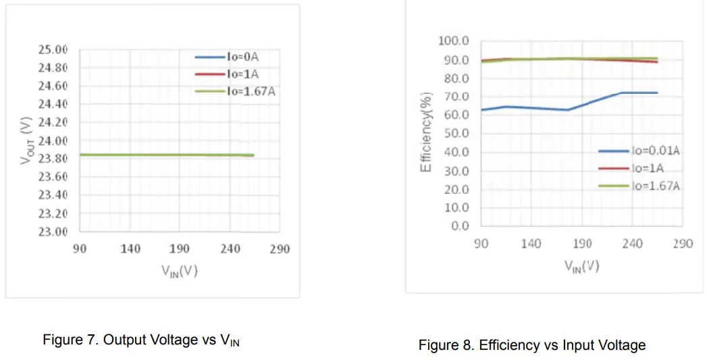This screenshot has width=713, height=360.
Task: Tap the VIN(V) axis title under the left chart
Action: click(x=179, y=272)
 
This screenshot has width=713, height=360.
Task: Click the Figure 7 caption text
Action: click(x=140, y=340)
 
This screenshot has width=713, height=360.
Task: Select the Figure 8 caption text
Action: click(x=532, y=345)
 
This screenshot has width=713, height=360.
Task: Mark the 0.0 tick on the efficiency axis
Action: click(x=460, y=226)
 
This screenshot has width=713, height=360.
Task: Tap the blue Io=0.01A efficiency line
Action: click(x=527, y=108)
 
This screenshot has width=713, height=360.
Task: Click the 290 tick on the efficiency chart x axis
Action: click(x=683, y=243)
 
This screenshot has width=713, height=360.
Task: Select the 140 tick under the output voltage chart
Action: click(x=130, y=249)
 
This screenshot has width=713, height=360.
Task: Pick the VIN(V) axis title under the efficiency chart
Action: click(x=581, y=265)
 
